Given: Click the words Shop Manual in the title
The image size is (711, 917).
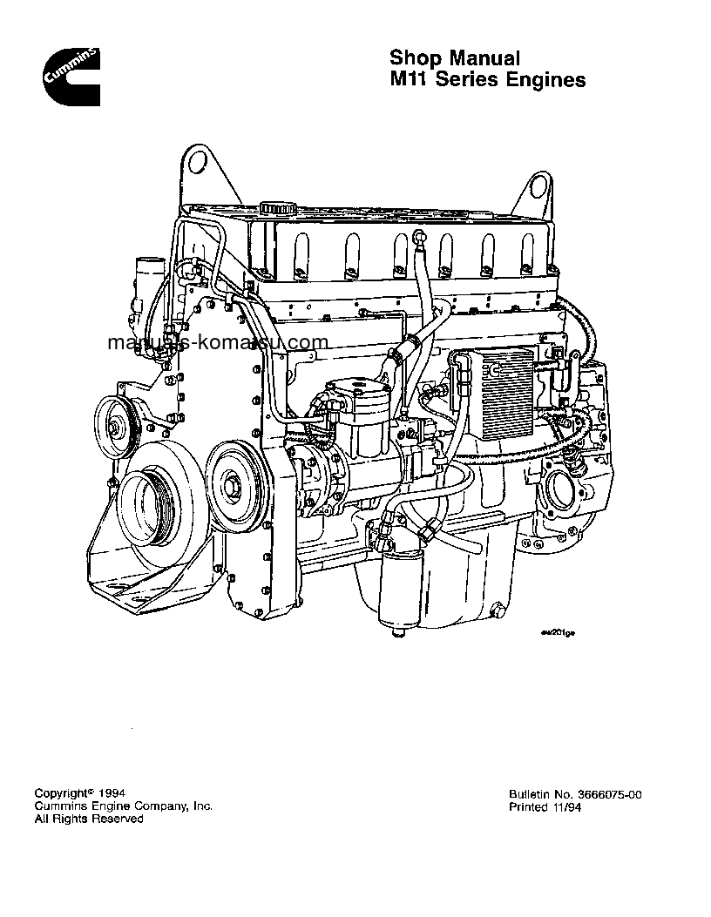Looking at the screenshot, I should point(455,59).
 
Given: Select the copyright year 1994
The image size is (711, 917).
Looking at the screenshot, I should point(112,793).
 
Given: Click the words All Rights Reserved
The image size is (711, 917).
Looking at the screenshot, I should point(88,819).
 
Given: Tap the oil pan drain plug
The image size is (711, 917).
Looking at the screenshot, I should point(498,609).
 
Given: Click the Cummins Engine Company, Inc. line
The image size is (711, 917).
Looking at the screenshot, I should point(123,806).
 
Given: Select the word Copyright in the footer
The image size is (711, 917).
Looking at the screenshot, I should point(61,793).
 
